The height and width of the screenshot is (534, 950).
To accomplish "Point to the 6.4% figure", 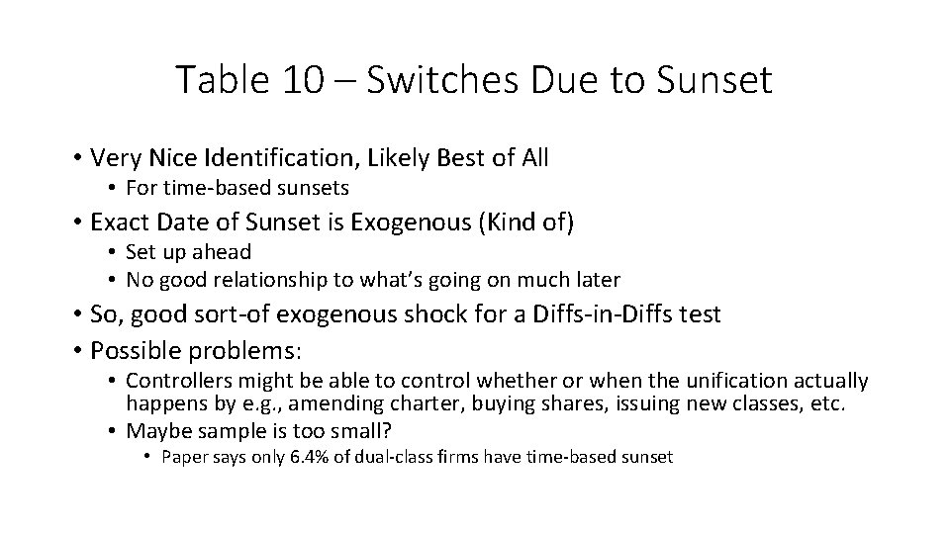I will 318,457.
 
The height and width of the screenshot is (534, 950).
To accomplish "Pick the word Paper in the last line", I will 184,457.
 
